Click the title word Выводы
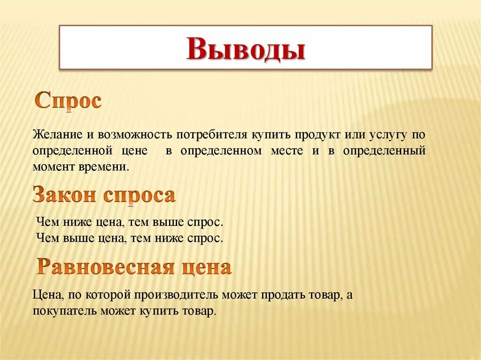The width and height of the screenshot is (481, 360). pos(245,49)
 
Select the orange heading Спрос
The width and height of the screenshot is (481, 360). pos(68,101)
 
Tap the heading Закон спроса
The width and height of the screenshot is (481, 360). pos(104,195)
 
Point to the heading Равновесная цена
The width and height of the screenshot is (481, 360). pos(134,267)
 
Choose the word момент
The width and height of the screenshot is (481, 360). pos(51,166)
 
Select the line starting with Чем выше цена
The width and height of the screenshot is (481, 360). pos(129,237)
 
